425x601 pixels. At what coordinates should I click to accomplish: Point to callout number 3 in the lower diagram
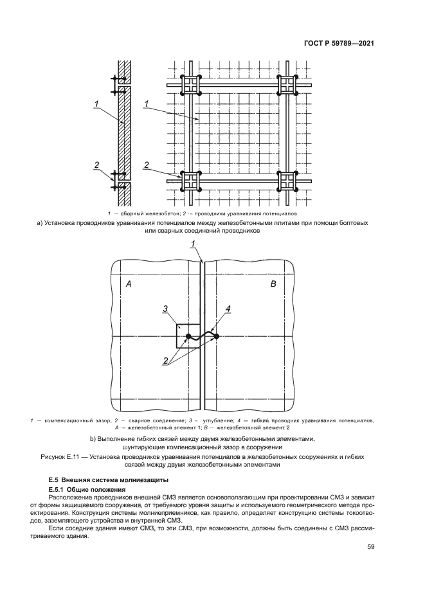(165, 310)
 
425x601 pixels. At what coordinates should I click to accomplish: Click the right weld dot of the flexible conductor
(217, 336)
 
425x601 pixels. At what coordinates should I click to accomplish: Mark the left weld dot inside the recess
(187, 336)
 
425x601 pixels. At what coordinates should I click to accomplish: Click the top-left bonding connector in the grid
(191, 85)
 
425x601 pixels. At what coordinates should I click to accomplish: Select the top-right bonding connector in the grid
(287, 85)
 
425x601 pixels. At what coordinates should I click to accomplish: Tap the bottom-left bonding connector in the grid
(191, 181)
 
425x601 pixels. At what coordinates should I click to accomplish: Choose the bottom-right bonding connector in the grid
(287, 181)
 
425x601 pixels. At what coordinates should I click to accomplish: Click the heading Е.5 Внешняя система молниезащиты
(100, 480)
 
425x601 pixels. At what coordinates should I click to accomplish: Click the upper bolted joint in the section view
(118, 86)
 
